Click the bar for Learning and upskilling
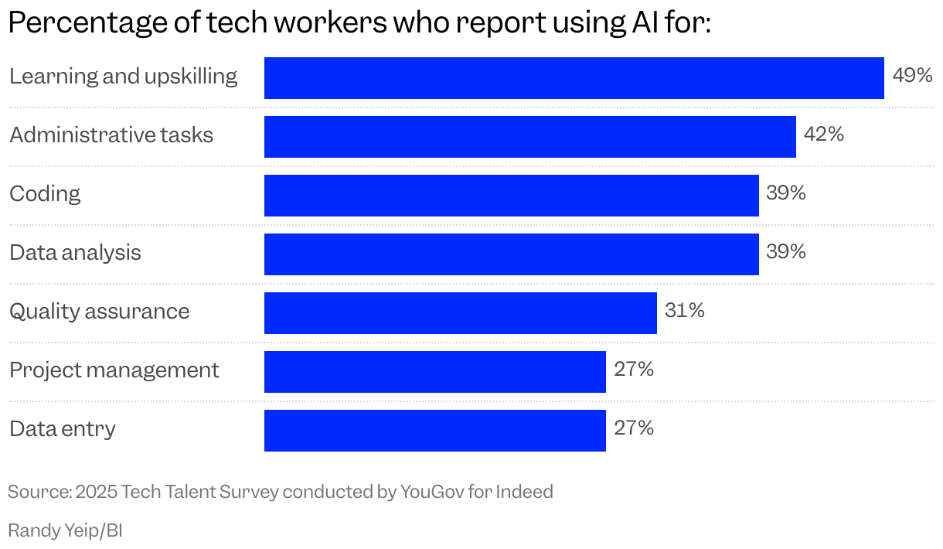tap(574, 78)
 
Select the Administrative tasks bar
tap(529, 137)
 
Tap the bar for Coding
tap(511, 196)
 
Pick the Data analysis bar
tap(511, 254)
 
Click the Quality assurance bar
tap(460, 313)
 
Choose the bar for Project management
tap(434, 372)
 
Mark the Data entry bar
tap(434, 431)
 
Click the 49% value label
tap(912, 76)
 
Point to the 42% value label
tap(824, 135)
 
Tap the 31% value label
tap(685, 311)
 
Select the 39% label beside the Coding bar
tap(786, 193)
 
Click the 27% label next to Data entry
tap(634, 428)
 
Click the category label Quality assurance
tap(99, 312)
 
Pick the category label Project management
tap(114, 370)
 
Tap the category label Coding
tap(45, 194)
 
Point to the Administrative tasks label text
tap(111, 135)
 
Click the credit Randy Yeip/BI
tap(65, 531)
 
